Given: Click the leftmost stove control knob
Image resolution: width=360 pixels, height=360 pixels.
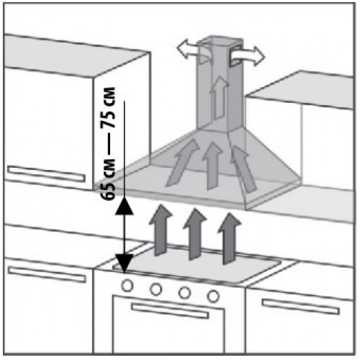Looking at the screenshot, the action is [127, 286].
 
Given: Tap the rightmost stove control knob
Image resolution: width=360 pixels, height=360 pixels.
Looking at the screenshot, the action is [213, 296].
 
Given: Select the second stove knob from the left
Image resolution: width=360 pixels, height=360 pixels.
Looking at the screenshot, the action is [156, 289].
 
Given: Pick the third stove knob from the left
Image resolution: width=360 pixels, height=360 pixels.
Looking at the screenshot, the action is [184, 292].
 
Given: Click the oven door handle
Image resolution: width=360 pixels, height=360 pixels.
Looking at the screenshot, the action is [170, 311].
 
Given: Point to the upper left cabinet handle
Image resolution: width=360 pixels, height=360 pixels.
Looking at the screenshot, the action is [46, 174].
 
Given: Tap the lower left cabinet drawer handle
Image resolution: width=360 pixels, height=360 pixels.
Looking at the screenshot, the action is [47, 274].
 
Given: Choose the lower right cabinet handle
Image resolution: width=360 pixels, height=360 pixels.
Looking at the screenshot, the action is [301, 307].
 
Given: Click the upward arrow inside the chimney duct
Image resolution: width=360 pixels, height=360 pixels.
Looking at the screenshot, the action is [219, 98].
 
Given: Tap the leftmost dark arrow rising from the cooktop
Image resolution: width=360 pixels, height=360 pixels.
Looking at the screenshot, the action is [161, 230].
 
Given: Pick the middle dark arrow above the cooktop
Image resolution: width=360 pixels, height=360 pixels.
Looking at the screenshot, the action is [194, 234].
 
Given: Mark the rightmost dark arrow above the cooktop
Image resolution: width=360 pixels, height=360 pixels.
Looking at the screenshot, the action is [230, 238].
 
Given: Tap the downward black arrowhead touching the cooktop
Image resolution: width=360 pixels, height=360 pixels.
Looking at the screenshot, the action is [125, 264].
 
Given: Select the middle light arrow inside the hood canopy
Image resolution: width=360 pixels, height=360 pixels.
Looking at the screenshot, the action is [212, 165].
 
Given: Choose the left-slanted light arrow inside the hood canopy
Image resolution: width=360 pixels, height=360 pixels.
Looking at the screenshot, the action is [183, 163].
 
